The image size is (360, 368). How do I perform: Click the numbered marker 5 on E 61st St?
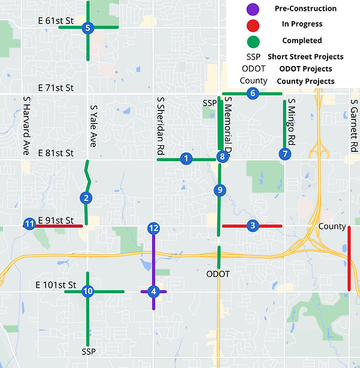[x=88, y=28]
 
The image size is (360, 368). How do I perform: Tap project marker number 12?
[x=154, y=228]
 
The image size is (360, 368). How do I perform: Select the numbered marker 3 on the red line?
[x=252, y=226]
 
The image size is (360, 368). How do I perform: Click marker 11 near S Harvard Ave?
[x=29, y=225]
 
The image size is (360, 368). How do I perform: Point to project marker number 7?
[x=284, y=154]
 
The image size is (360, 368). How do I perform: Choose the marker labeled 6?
[x=252, y=93]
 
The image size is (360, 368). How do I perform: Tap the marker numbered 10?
[x=88, y=291]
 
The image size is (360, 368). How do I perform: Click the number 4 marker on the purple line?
[x=154, y=292]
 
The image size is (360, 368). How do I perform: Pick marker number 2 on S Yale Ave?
[x=87, y=198]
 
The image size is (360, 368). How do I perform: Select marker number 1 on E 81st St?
[x=186, y=158]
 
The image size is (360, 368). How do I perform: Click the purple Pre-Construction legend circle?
[x=253, y=9]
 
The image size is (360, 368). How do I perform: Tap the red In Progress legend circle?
[x=253, y=25]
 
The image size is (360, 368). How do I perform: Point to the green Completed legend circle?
[x=253, y=40]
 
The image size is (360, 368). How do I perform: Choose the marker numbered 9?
[x=220, y=190]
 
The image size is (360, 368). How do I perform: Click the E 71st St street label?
[x=55, y=88]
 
